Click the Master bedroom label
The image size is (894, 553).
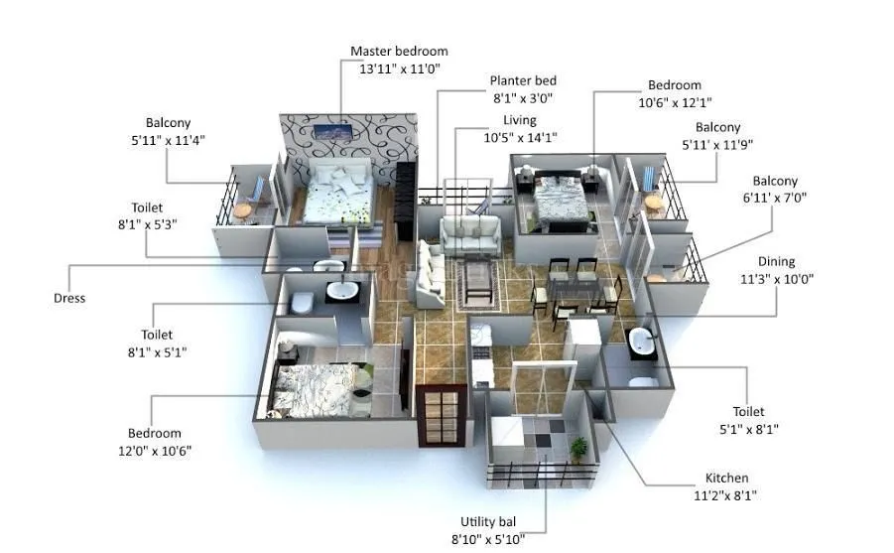(x=399, y=51)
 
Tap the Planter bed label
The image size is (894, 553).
(x=523, y=80)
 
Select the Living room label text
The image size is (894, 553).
(x=519, y=120)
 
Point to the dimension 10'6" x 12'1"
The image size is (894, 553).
(x=675, y=102)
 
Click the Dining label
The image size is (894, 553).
(x=776, y=261)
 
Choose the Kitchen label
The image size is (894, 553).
(x=726, y=478)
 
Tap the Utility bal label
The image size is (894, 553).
(x=488, y=521)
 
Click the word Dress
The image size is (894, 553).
(x=69, y=298)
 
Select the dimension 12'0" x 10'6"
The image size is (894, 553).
(x=155, y=451)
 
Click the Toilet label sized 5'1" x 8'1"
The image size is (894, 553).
(x=749, y=411)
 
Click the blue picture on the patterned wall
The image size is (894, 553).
(x=331, y=132)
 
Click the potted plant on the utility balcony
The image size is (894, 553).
(x=578, y=449)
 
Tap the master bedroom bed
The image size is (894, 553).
(x=337, y=193)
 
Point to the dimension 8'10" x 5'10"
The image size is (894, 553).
(x=488, y=539)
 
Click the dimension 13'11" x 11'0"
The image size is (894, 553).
(x=399, y=69)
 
